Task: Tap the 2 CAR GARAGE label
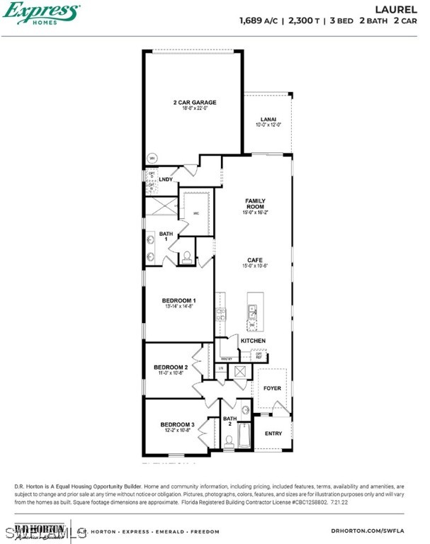(x=195, y=103)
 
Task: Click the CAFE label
(x=255, y=260)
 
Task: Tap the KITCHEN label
(x=253, y=341)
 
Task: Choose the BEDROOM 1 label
(x=179, y=301)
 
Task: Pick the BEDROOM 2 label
(x=171, y=367)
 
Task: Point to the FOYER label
(x=273, y=388)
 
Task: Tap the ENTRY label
(x=273, y=433)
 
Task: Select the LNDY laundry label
(x=166, y=179)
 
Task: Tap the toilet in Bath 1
(x=187, y=258)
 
